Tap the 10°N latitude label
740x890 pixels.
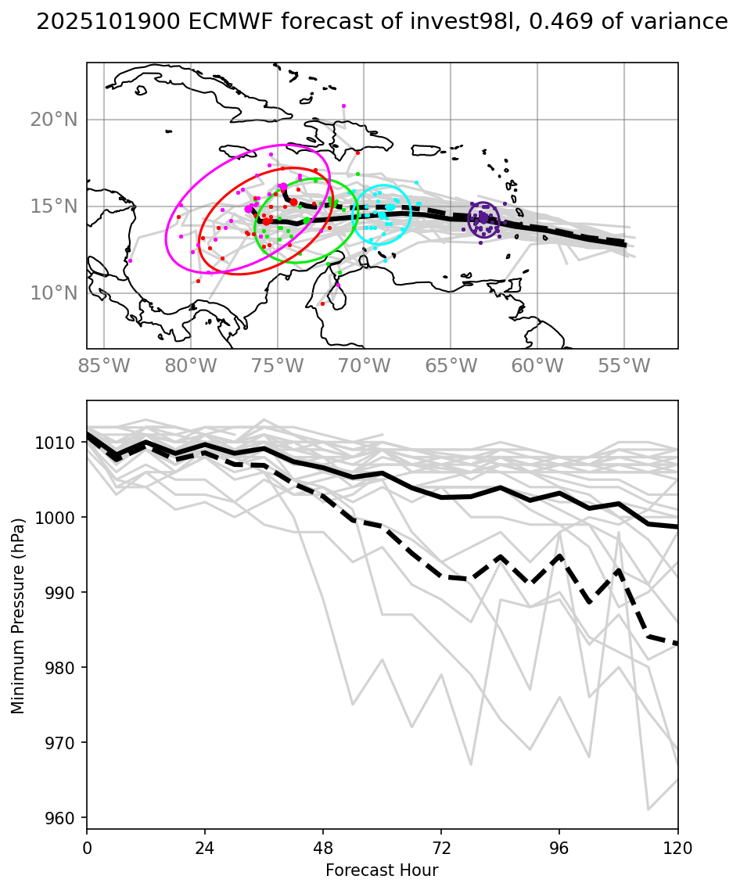(54, 293)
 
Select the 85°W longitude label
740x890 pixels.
(104, 366)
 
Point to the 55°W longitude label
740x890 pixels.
(624, 366)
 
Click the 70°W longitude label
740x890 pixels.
(365, 366)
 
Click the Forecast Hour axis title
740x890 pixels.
(382, 870)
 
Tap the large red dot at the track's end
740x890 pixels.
(267, 221)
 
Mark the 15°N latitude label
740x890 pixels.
(54, 206)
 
